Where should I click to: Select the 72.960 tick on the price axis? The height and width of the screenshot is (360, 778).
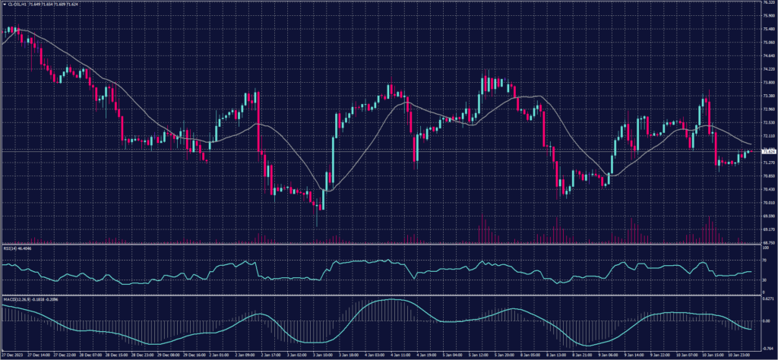[x=769, y=109]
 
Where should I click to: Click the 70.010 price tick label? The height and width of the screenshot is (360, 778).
[x=769, y=203]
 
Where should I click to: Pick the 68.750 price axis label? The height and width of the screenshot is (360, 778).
[x=769, y=242]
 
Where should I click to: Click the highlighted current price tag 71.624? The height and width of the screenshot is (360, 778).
[x=769, y=152]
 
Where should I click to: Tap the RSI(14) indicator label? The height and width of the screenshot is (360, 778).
[x=12, y=248]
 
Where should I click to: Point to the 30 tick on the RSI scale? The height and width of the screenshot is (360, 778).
[x=764, y=280]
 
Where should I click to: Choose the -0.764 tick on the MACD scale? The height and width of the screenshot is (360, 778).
[x=768, y=346]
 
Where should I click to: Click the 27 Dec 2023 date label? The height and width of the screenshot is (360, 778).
[x=13, y=355]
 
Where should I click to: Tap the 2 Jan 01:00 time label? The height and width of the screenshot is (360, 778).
[x=219, y=355]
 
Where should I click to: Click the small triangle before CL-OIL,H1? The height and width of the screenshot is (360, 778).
[x=4, y=4]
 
